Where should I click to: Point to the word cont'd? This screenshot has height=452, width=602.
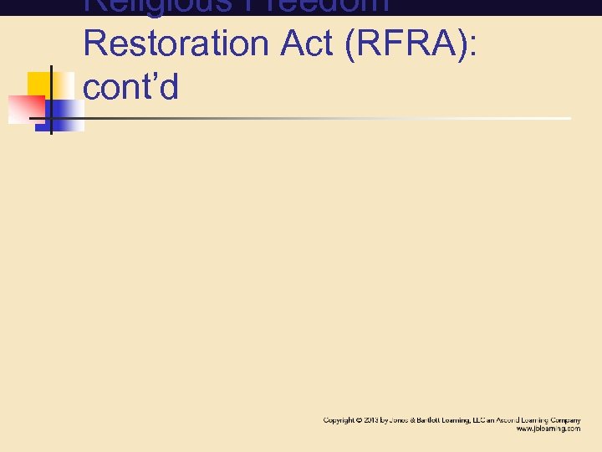click(131, 86)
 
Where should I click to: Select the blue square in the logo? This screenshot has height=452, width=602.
click(63, 115)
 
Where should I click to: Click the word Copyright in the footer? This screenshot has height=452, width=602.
click(339, 419)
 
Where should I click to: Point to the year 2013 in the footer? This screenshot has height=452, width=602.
click(370, 419)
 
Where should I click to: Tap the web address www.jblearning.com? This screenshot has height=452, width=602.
click(548, 428)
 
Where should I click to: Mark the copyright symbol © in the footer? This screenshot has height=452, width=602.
click(359, 419)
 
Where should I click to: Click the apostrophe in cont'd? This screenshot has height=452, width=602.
click(150, 78)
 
